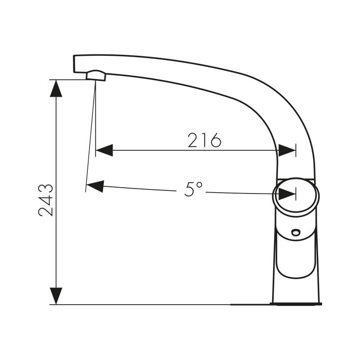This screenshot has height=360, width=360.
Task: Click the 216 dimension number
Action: (x=205, y=140)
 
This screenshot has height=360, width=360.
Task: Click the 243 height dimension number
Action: (x=46, y=200)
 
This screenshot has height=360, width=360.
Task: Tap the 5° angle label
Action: (x=193, y=189)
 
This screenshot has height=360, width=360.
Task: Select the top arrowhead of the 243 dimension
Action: (x=56, y=88)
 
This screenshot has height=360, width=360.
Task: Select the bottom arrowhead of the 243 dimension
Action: (x=56, y=296)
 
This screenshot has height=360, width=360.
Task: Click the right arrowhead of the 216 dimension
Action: (x=287, y=150)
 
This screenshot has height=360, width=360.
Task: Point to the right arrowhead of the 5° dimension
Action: (x=287, y=194)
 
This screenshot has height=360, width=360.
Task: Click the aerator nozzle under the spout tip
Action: (x=96, y=76)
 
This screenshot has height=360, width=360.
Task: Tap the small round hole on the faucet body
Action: (x=296, y=232)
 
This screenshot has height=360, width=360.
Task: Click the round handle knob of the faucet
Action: (x=296, y=196)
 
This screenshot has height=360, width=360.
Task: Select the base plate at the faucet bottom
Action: (x=296, y=303)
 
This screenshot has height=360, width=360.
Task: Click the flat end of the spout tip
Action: (x=74, y=63)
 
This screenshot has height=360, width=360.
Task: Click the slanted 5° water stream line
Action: (x=90, y=135)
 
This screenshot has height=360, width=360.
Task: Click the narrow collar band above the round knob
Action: (x=296, y=179)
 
